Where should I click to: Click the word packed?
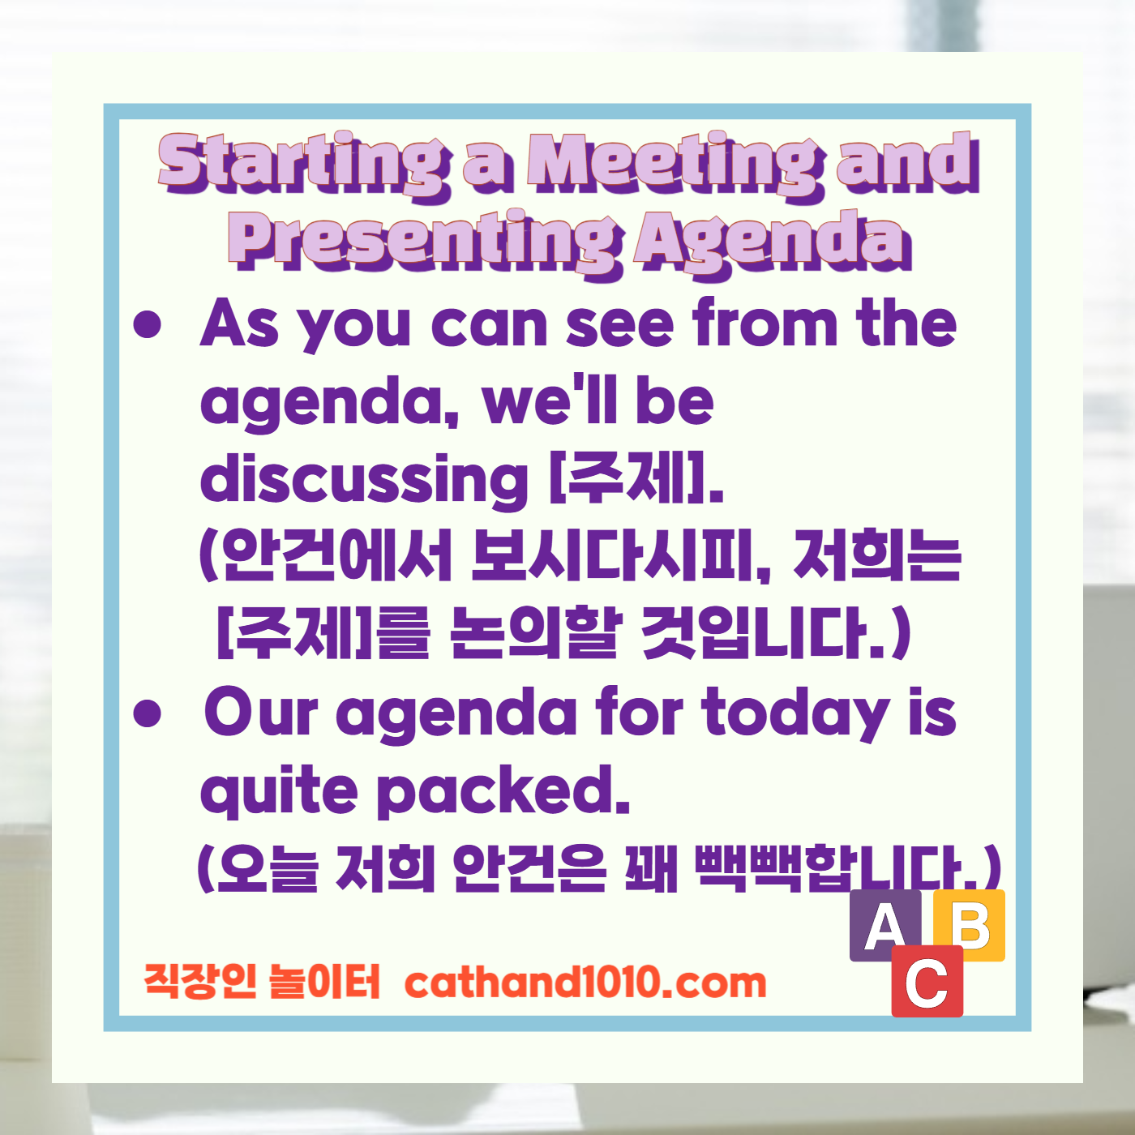point(503,791)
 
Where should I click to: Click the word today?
point(795,713)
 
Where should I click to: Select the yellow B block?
point(970,924)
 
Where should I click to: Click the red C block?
point(927,982)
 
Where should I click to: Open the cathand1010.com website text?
point(585,983)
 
